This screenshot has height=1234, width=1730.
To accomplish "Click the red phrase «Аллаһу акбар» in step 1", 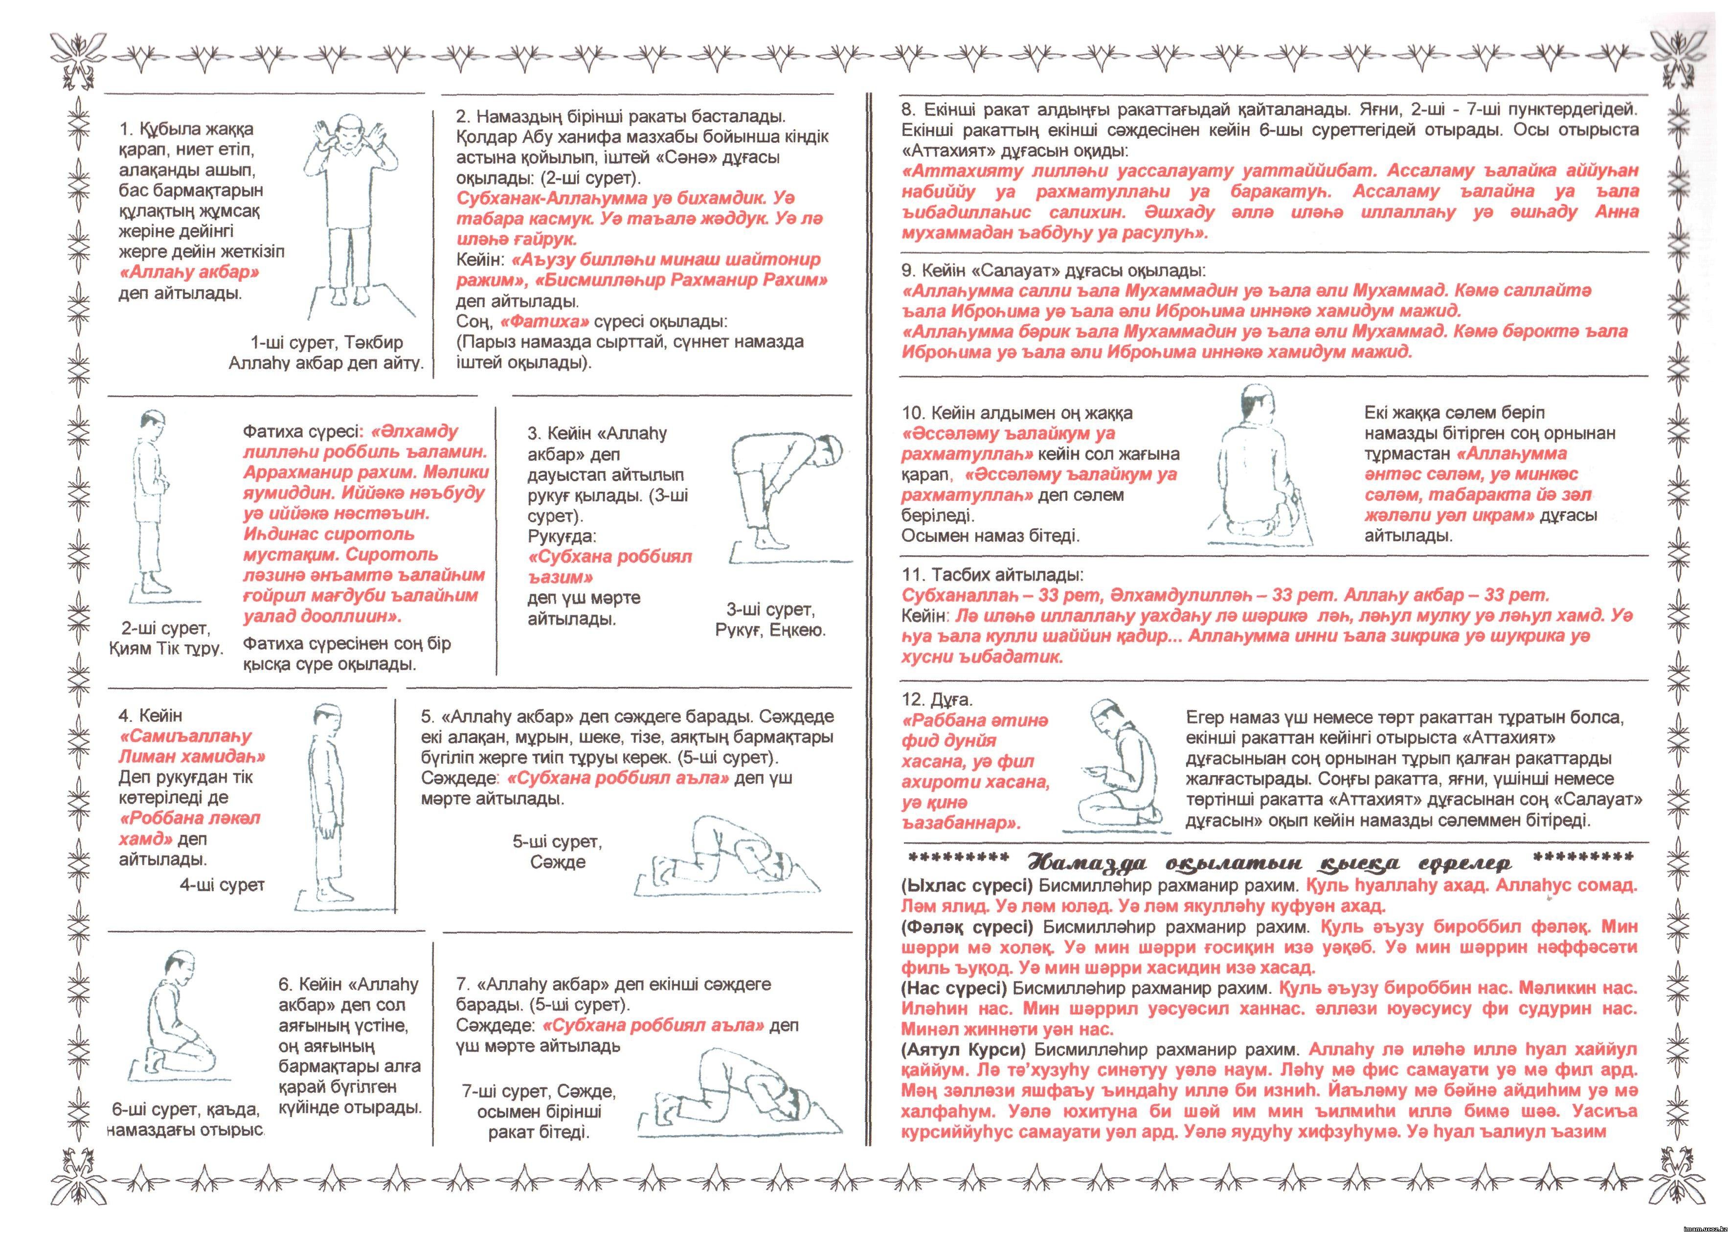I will [190, 272].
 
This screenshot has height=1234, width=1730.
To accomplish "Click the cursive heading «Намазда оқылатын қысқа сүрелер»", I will [1269, 864].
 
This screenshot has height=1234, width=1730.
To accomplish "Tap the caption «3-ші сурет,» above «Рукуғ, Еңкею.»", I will [770, 609].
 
